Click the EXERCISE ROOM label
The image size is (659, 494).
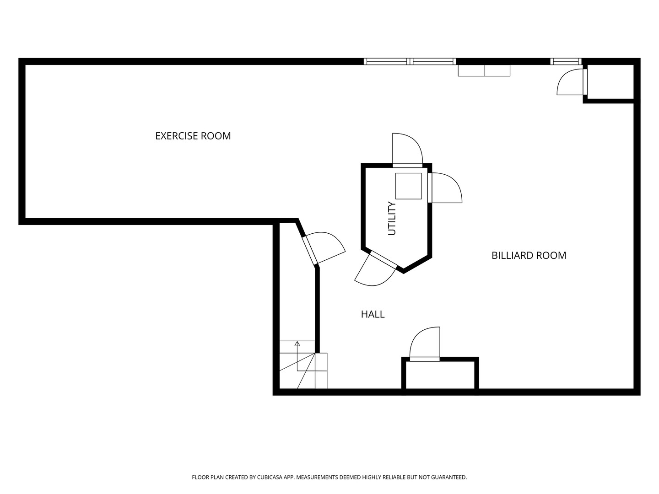tap(193, 136)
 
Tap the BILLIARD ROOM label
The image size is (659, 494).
tap(529, 255)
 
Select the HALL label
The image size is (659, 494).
tap(373, 314)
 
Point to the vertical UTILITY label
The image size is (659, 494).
tap(392, 218)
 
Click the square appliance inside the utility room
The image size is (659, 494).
tap(408, 186)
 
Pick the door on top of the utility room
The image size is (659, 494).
tap(407, 150)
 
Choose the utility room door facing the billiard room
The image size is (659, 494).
tap(445, 188)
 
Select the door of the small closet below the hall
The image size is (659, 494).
tap(425, 344)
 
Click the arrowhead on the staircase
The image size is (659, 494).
tap(297, 344)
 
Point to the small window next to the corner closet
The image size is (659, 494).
tap(566, 61)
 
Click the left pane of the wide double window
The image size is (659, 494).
tap(387, 61)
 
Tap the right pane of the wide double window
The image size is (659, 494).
tap(433, 61)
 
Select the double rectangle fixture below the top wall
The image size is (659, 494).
tap(484, 70)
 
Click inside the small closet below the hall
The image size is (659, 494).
tap(440, 375)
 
